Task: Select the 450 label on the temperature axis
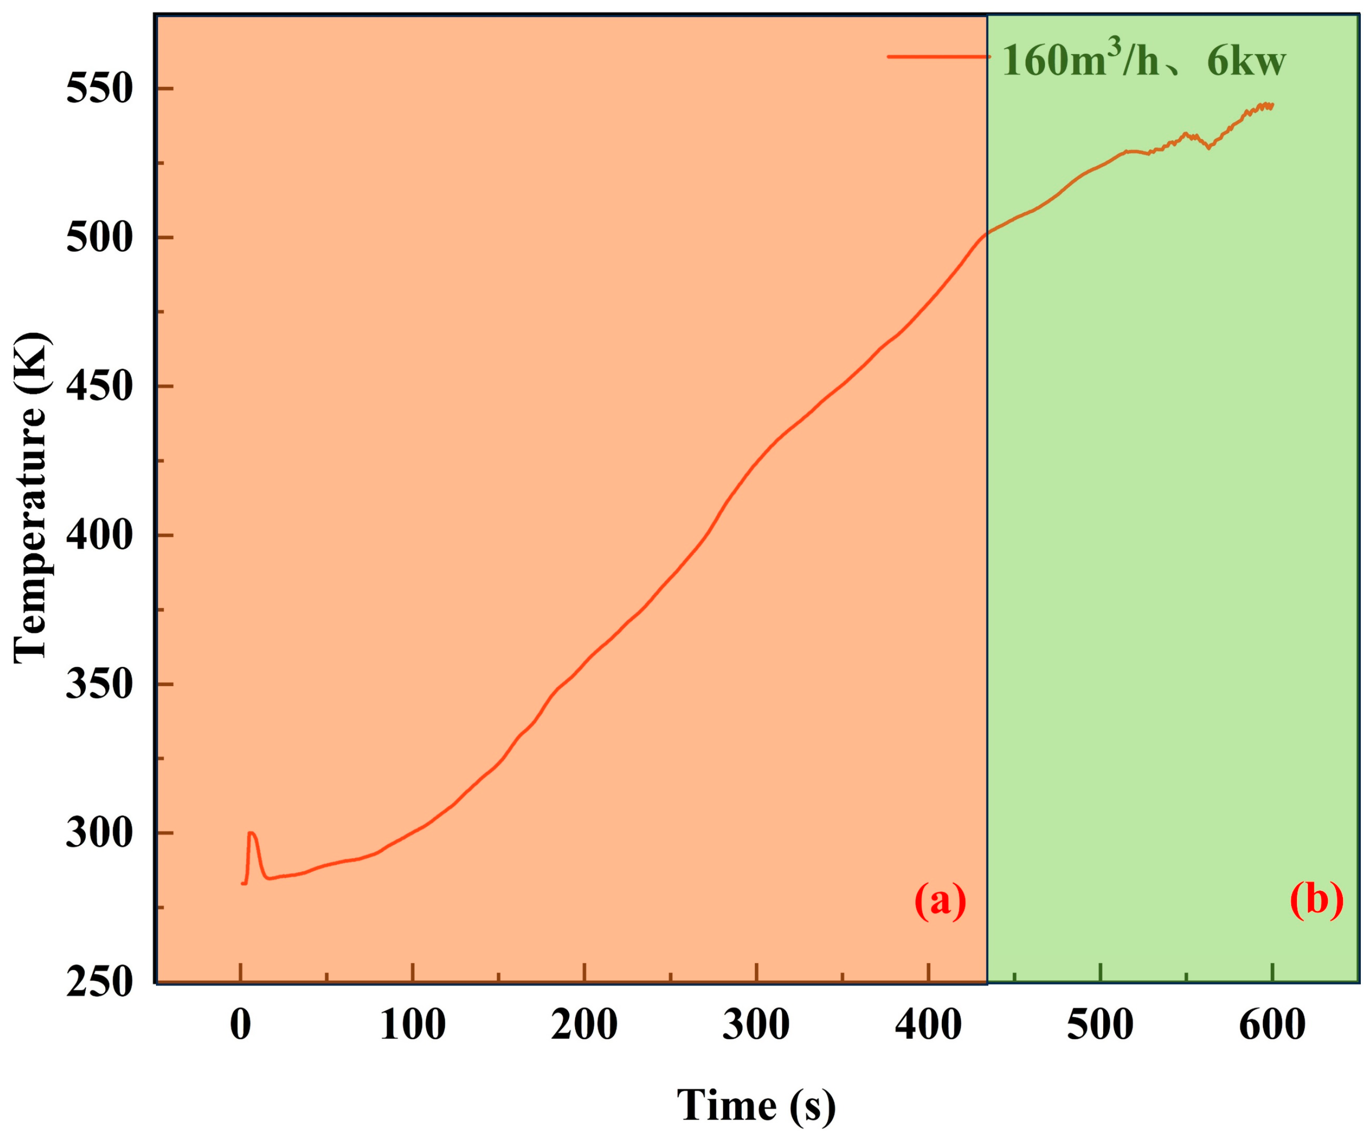(99, 386)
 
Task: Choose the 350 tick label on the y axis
(99, 684)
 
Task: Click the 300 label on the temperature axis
(99, 833)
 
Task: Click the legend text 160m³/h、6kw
(1142, 62)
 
